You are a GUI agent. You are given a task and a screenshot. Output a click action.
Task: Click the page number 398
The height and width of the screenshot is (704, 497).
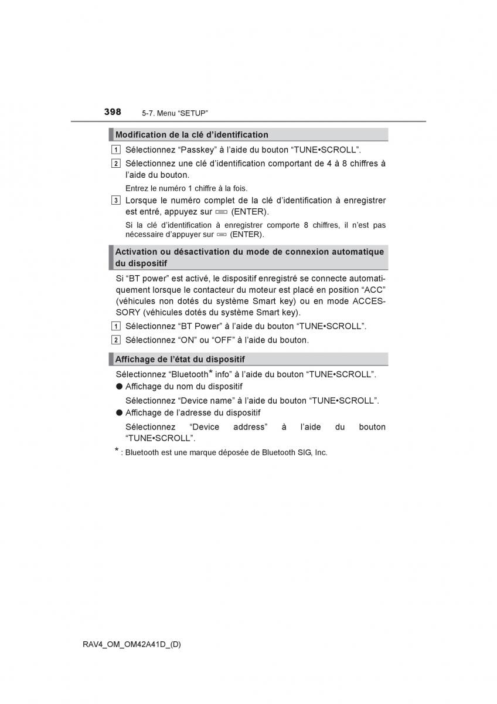pyautogui.click(x=113, y=111)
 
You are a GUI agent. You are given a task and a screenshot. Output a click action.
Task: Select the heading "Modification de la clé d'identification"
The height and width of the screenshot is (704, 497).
pyautogui.click(x=192, y=135)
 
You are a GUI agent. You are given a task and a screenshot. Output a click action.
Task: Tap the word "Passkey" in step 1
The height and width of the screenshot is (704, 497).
pyautogui.click(x=198, y=150)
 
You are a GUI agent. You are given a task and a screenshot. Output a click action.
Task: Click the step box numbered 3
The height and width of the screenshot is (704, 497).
pyautogui.click(x=116, y=201)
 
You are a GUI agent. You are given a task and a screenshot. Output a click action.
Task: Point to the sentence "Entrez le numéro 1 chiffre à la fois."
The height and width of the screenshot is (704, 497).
pyautogui.click(x=186, y=188)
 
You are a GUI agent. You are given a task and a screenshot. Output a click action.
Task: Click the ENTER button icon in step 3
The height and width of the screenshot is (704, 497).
pyautogui.click(x=220, y=212)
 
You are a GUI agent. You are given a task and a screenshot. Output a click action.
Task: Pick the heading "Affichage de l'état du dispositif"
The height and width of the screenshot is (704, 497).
pyautogui.click(x=180, y=359)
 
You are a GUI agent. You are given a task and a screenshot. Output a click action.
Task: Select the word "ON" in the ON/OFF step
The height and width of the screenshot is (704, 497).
pyautogui.click(x=186, y=340)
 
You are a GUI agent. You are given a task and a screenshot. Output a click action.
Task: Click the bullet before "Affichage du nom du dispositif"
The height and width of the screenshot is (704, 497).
pyautogui.click(x=119, y=387)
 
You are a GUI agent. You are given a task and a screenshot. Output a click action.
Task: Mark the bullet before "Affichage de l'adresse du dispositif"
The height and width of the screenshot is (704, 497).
pyautogui.click(x=119, y=413)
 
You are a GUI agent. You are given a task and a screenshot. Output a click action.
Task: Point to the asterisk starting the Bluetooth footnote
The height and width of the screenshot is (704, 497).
pyautogui.click(x=117, y=451)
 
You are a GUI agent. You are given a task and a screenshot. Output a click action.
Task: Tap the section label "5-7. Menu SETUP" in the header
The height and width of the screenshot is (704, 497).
pyautogui.click(x=175, y=113)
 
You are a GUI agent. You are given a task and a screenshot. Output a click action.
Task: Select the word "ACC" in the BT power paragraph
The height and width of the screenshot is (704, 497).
pyautogui.click(x=373, y=290)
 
